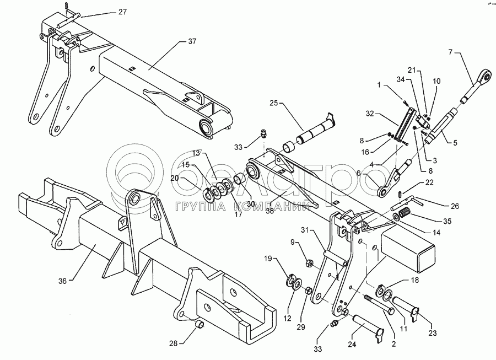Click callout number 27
[122, 11]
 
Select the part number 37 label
[192, 42]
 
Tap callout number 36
[62, 281]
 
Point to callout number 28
[174, 343]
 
